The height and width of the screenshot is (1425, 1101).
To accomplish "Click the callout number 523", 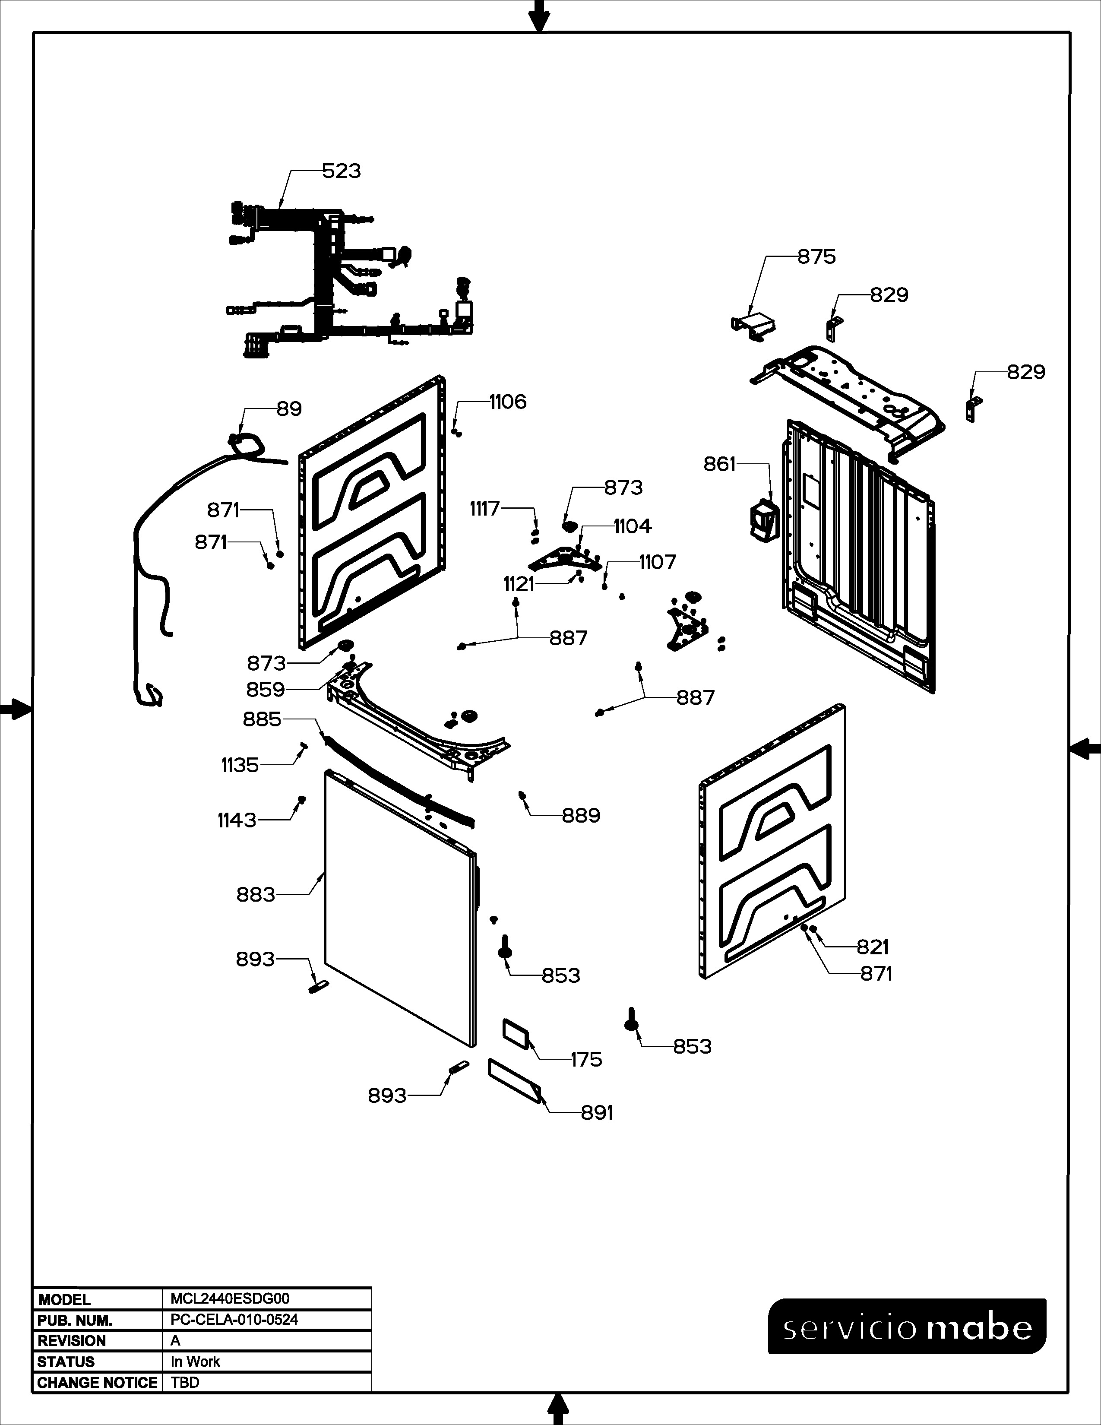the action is click(x=341, y=171).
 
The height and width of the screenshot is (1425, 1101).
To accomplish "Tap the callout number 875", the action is click(x=816, y=257).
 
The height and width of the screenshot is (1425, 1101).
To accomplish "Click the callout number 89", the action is click(x=289, y=409).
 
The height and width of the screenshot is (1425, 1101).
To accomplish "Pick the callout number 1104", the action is click(x=633, y=526).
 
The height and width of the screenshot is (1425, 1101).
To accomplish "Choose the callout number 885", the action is click(x=262, y=719).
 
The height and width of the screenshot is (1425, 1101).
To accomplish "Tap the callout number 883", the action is click(x=256, y=895).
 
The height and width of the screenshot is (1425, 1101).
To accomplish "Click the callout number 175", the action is click(x=586, y=1060).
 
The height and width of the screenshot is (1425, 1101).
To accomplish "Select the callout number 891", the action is click(x=597, y=1112).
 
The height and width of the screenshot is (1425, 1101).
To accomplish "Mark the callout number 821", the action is click(x=873, y=947).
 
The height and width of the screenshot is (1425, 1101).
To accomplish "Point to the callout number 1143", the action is click(x=237, y=820).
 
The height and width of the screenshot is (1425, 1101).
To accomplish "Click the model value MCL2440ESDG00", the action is click(x=230, y=1298).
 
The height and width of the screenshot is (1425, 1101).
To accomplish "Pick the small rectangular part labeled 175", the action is click(x=516, y=1034).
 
